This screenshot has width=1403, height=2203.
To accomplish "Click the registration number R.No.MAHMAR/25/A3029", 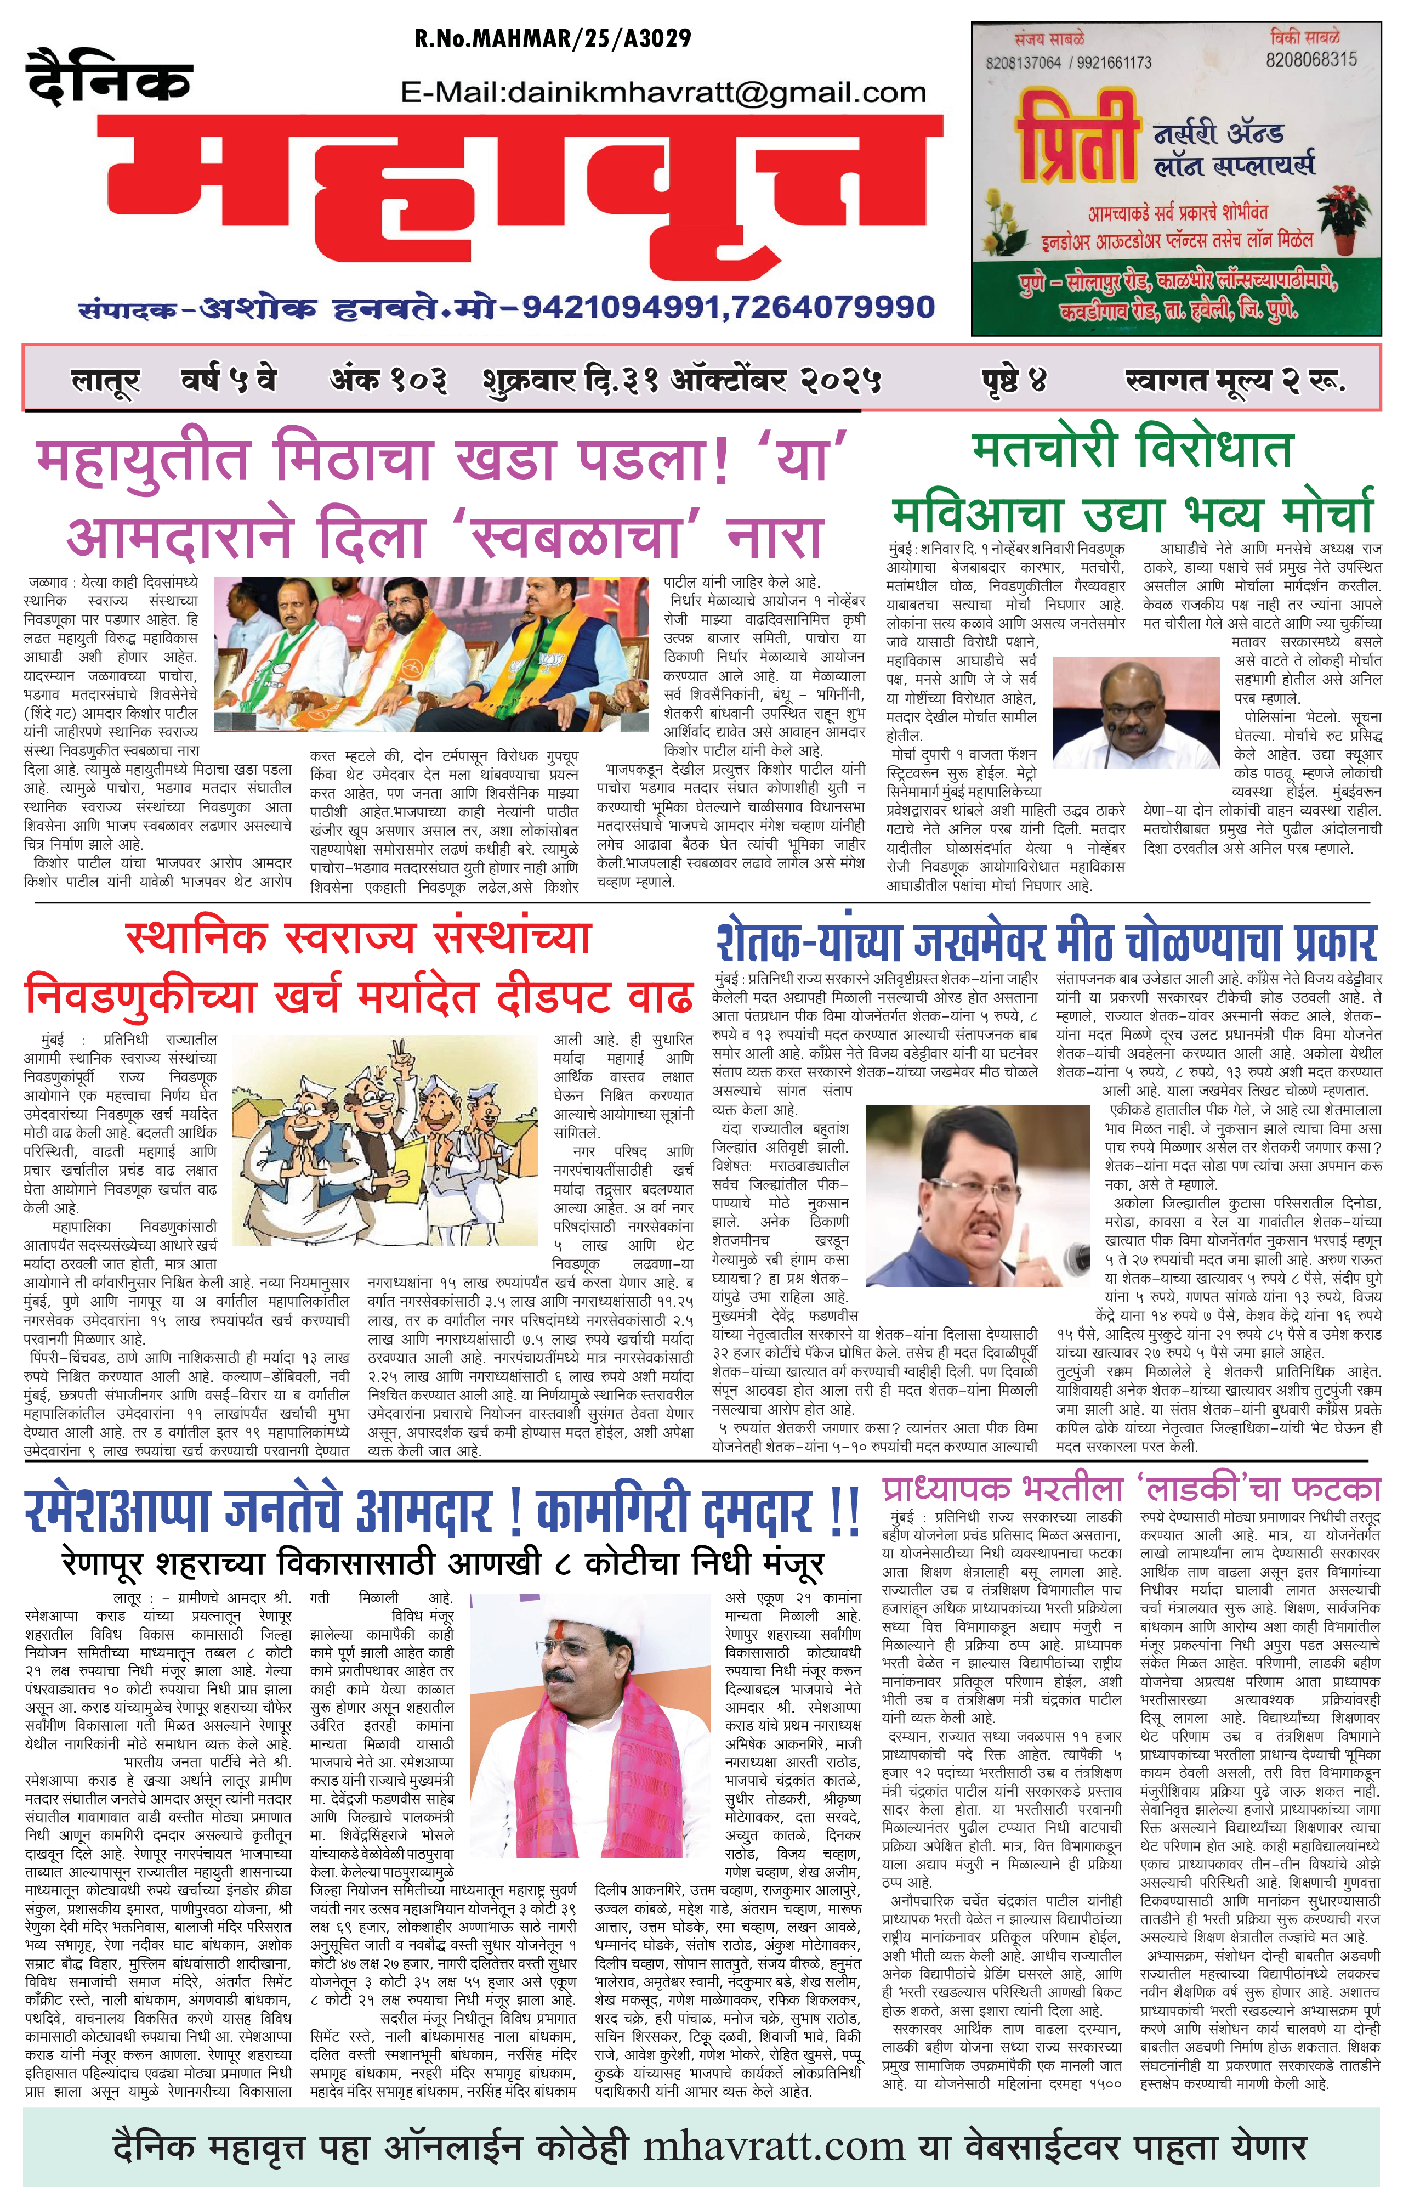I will [x=553, y=38].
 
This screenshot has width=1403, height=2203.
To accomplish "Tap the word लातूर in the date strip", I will [x=105, y=380].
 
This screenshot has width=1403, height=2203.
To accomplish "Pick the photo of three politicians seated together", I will [x=437, y=654].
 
